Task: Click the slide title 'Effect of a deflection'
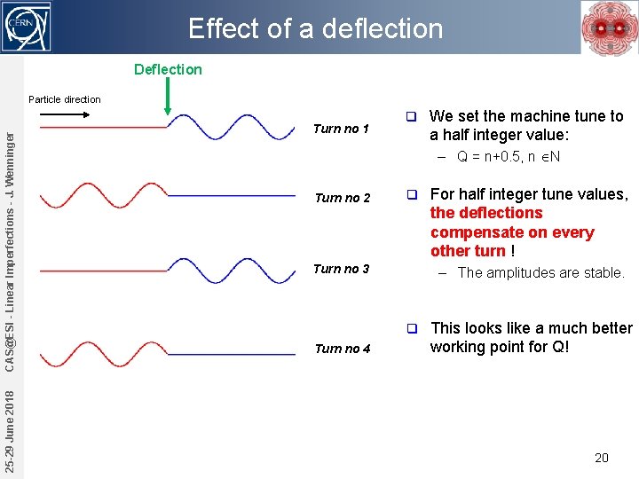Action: click(315, 28)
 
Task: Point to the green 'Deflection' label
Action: click(168, 69)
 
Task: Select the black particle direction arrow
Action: click(65, 114)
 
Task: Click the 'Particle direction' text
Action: click(65, 99)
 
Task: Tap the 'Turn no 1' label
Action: click(341, 129)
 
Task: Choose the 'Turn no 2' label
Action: click(341, 198)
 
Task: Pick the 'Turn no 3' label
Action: click(341, 269)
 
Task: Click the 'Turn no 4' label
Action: click(341, 349)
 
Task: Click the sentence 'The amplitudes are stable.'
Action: click(541, 273)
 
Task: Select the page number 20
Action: click(602, 458)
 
